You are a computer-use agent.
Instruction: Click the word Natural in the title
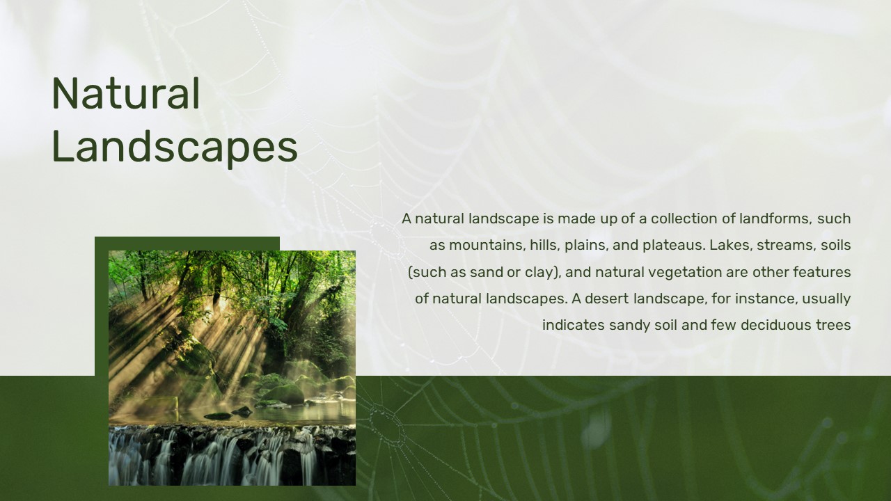(x=126, y=94)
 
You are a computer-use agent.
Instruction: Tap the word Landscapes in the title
(x=175, y=147)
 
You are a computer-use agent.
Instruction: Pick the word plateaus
(x=674, y=246)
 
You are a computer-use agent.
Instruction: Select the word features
(x=822, y=272)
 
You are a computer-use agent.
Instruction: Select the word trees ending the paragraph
(x=833, y=325)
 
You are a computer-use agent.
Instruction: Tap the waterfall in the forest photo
(x=232, y=454)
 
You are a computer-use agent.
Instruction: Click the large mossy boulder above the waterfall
(x=283, y=394)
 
